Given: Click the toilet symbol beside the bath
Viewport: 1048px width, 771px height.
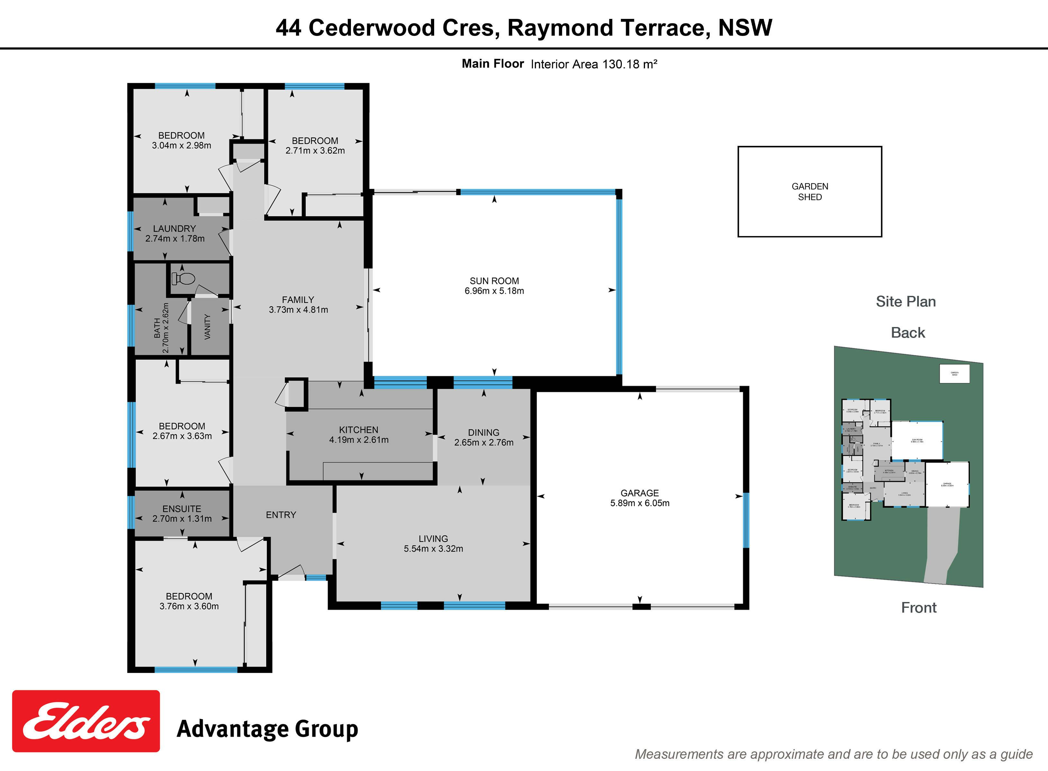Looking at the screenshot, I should coord(183,279).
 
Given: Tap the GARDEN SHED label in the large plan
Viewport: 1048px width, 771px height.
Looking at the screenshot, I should coord(810,191).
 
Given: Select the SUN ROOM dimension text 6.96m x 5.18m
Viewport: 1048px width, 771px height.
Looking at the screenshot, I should coord(494,291).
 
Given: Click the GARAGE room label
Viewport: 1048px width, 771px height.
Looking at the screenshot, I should coord(640,493).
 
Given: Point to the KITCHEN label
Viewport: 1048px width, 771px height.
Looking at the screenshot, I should coord(359,430).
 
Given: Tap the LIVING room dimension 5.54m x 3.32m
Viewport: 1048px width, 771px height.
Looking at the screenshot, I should coord(433,548).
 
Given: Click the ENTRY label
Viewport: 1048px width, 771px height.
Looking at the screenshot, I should coord(281,515).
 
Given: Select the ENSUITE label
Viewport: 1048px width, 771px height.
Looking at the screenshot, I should coord(182,509).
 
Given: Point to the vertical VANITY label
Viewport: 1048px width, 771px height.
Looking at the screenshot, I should coord(208,327).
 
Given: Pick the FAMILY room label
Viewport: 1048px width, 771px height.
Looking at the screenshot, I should coord(298,300).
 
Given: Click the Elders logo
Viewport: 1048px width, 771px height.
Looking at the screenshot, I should coord(86,721).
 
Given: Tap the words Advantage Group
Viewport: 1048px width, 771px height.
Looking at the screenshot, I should coord(267,729).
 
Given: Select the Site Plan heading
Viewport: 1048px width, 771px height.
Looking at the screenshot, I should coord(906,301).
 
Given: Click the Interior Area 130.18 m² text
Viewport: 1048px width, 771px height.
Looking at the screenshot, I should coord(594,64).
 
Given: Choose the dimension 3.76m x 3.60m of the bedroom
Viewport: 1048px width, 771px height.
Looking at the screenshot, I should coord(189,606).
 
